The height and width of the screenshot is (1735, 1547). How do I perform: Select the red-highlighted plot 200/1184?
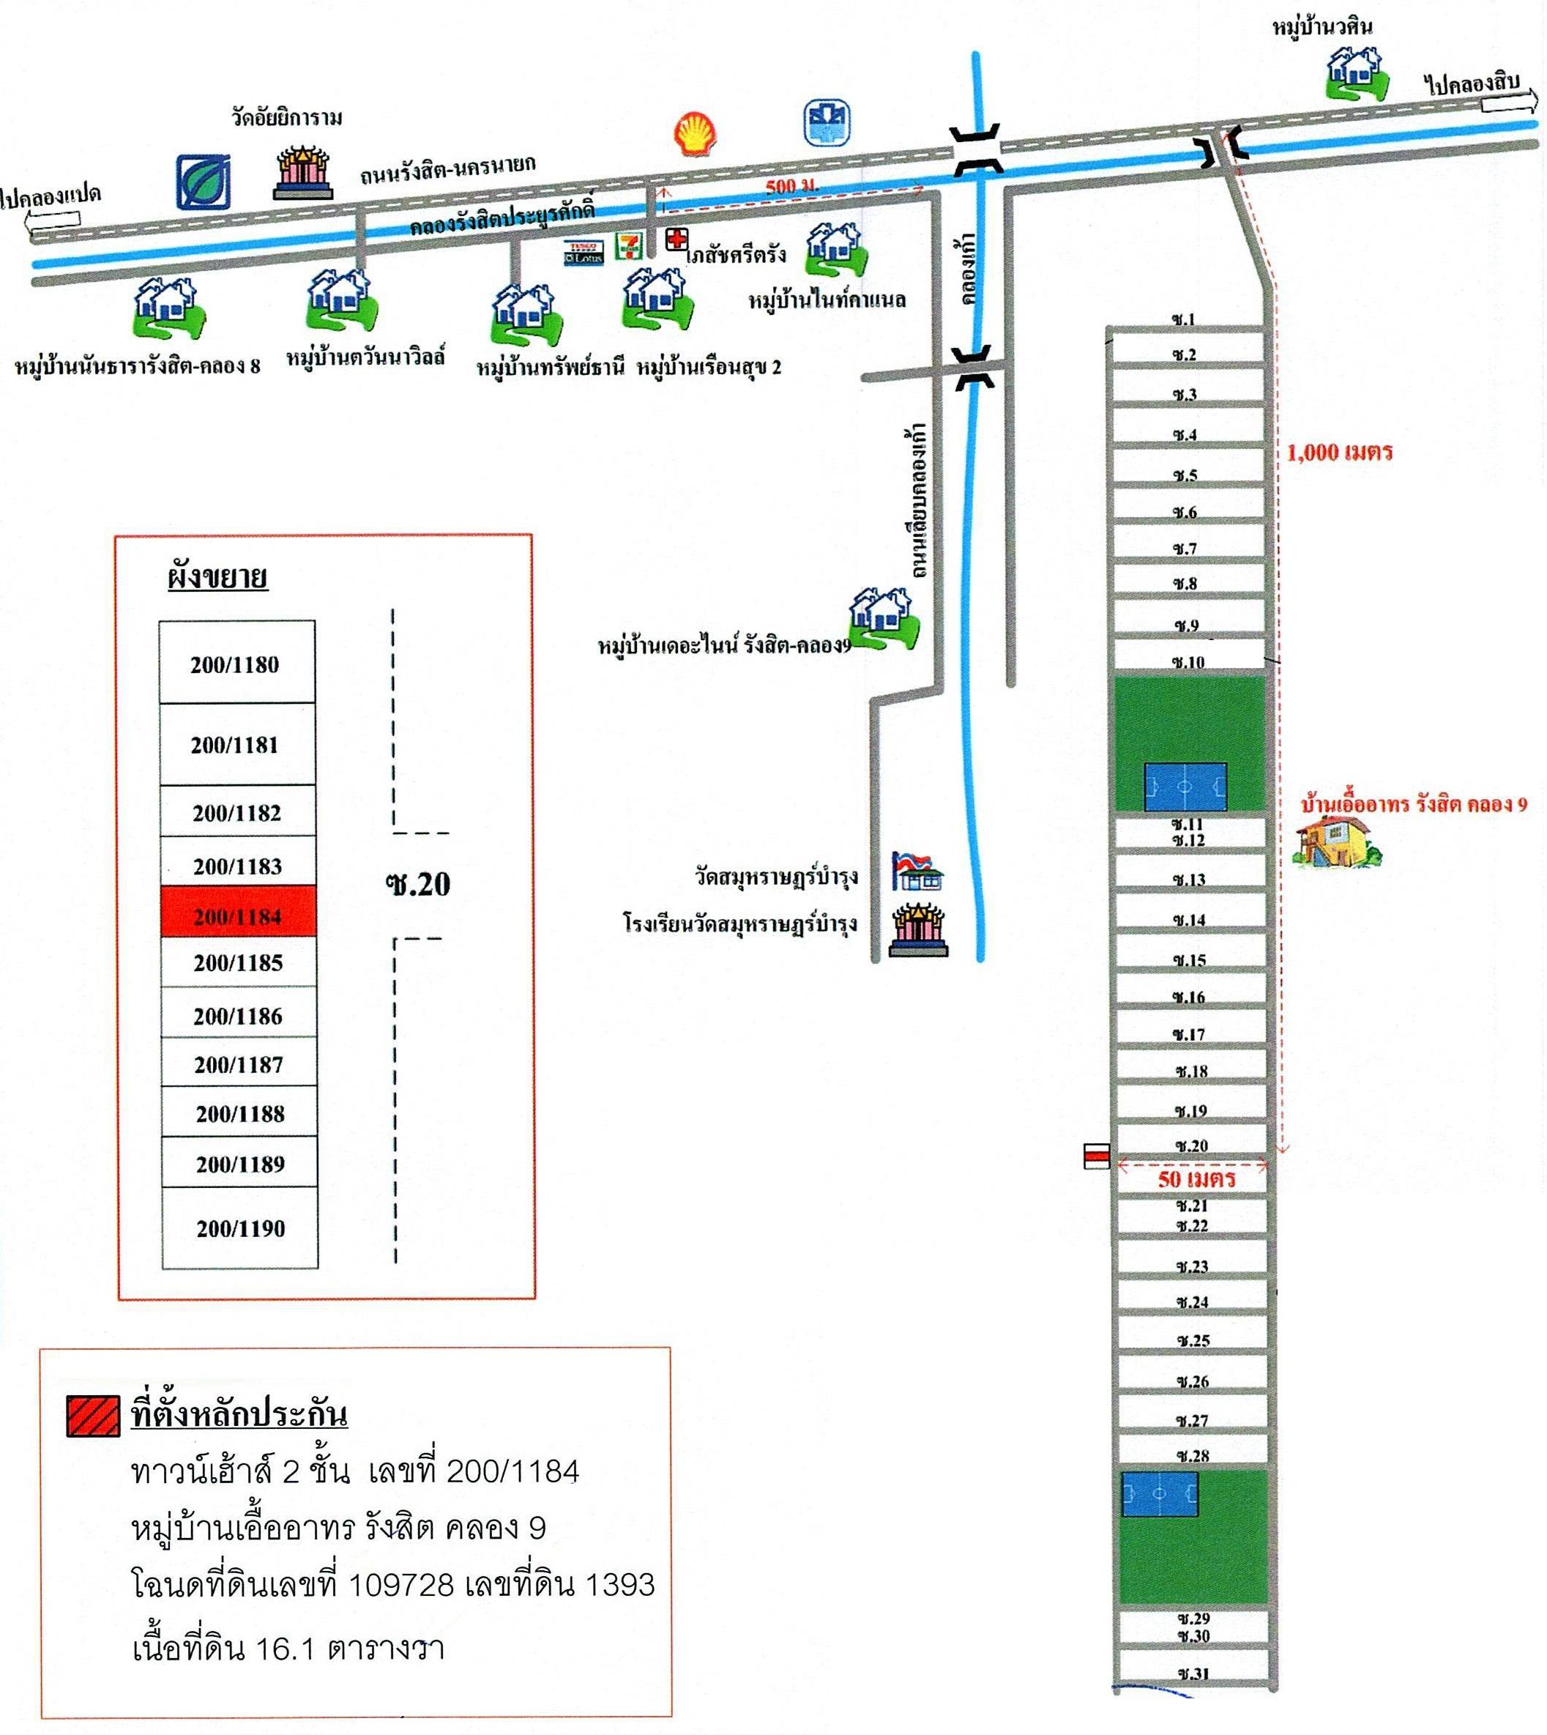click(x=238, y=913)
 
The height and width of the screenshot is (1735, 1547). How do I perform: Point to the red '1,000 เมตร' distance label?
click(x=1340, y=452)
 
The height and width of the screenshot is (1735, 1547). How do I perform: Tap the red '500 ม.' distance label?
click(x=791, y=186)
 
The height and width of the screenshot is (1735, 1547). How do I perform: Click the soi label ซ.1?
click(x=1183, y=319)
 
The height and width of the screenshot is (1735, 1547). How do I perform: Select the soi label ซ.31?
click(x=1193, y=1673)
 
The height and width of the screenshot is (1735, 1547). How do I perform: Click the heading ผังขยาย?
click(x=217, y=578)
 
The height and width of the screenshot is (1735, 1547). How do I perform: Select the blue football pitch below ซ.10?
click(x=1185, y=787)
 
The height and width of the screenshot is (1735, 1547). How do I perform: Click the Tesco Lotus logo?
click(x=584, y=253)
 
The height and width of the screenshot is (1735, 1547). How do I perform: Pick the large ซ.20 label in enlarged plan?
click(x=417, y=884)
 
